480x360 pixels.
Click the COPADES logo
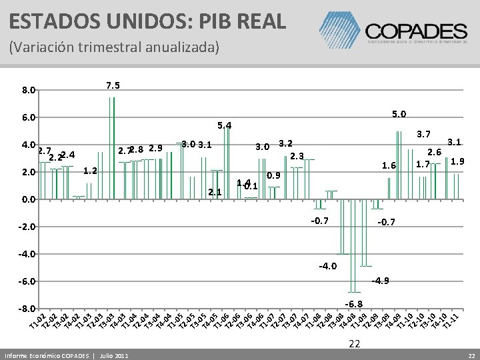pos(414,29)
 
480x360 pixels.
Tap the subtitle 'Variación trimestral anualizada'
pos(113,48)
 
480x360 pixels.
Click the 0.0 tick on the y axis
pos(27,199)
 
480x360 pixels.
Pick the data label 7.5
pos(113,85)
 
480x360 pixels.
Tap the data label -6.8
pos(353,303)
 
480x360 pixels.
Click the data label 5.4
pos(224,125)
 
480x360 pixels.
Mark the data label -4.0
pos(327,267)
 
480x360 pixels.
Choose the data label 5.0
pos(399,114)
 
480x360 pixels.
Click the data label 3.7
pos(425,135)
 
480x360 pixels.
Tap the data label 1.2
pos(91,171)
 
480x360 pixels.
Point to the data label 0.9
pos(274,176)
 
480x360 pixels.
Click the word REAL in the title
pos(256,19)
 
